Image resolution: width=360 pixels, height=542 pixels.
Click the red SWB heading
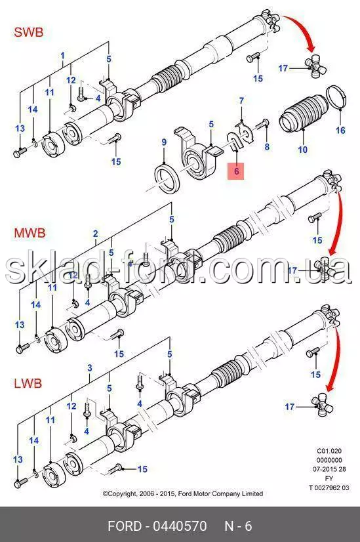(29, 33)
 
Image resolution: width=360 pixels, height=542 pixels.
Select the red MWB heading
(30, 233)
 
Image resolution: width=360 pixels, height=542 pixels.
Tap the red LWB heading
(28, 383)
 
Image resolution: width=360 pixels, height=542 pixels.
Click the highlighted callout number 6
(236, 171)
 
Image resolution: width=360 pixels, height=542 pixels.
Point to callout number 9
(164, 142)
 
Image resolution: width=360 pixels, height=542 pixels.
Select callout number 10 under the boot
(303, 150)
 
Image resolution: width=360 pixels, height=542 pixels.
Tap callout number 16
(340, 131)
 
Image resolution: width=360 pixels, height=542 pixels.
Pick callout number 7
(241, 101)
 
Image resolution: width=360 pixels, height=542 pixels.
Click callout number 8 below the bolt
(267, 146)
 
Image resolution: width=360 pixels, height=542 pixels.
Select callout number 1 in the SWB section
(62, 56)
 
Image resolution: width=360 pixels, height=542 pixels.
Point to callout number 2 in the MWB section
(96, 234)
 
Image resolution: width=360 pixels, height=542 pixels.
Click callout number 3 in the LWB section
(90, 367)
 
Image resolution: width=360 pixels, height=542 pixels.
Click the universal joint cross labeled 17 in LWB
(323, 406)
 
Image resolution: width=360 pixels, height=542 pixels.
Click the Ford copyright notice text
(183, 493)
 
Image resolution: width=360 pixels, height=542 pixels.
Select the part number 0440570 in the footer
(180, 526)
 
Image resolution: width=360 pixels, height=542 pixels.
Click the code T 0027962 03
(329, 488)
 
